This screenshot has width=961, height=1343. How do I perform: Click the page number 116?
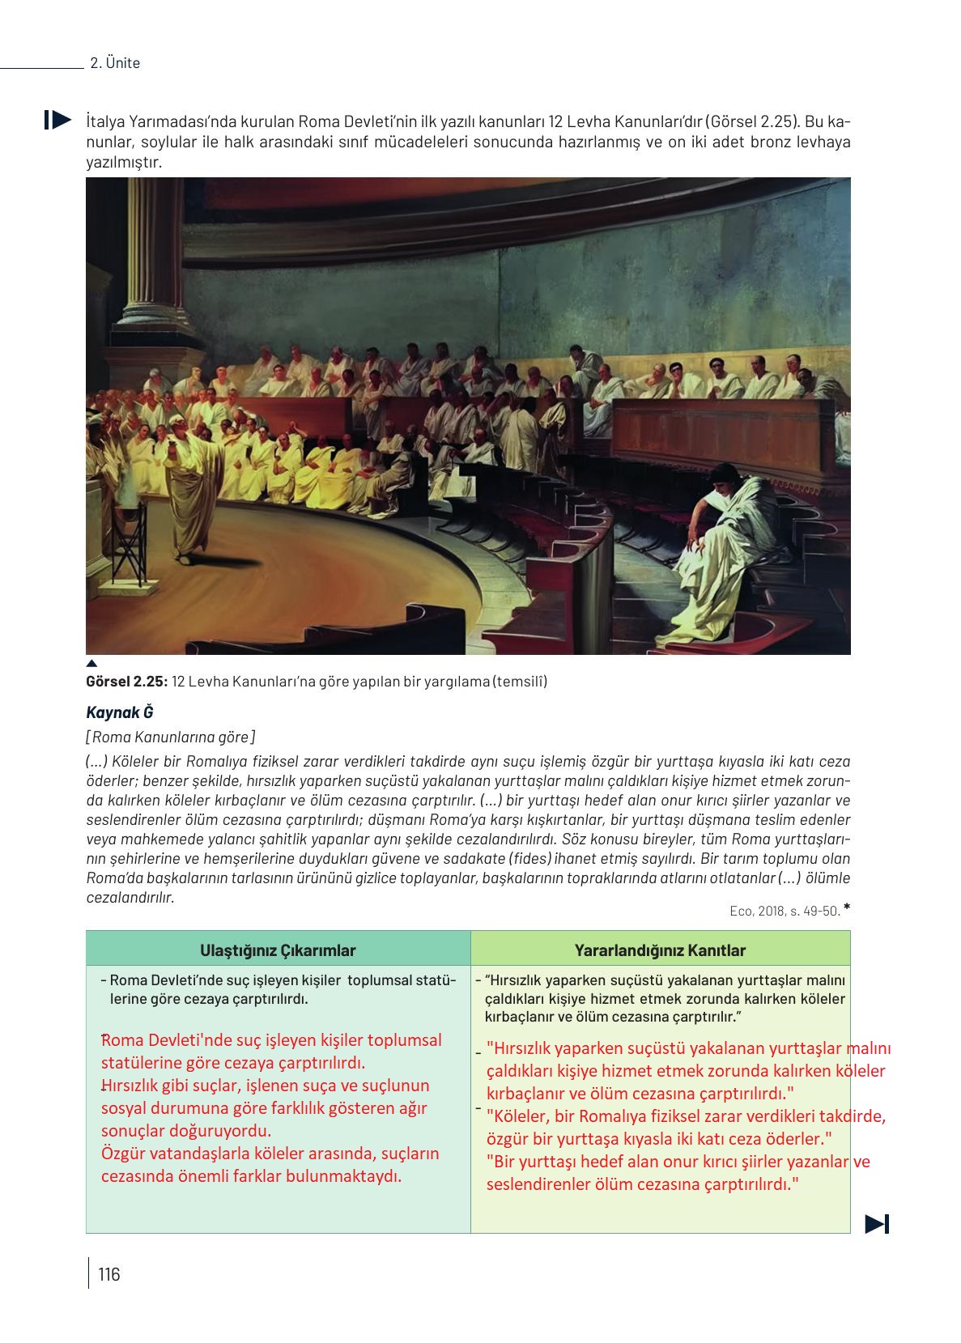pos(108,1274)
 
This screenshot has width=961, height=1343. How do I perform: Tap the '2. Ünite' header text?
pos(115,63)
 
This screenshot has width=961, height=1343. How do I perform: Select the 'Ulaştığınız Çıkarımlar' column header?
pos(278,950)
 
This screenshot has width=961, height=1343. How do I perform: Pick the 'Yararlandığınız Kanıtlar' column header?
pos(660,950)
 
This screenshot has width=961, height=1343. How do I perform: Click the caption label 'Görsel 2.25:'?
pos(126,682)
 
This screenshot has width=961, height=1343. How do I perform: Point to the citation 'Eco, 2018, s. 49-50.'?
pos(784,911)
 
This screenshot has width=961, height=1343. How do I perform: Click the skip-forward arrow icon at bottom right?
pos(877,1223)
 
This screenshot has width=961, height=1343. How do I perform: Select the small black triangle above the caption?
pos(91,664)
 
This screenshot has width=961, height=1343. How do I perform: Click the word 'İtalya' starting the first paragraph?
pos(104,122)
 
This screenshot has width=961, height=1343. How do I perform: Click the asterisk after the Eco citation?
pos(846,907)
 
